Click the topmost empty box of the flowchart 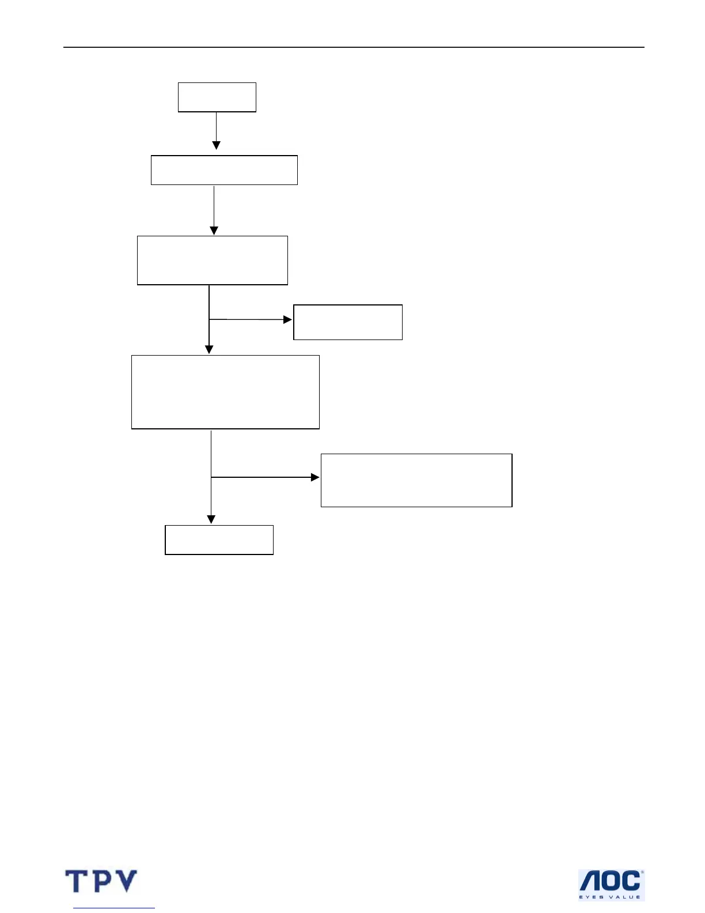217,97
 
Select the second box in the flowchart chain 224,170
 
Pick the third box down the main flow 213,260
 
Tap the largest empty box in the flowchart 225,392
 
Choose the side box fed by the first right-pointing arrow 348,322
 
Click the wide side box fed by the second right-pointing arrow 416,480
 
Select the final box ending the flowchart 219,540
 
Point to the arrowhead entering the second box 217,146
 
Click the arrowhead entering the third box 214,231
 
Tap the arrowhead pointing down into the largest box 209,350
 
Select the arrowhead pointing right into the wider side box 315,477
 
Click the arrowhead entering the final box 211,520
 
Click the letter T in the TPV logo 75,881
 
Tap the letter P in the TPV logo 101,881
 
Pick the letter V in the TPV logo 126,881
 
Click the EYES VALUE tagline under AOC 609,897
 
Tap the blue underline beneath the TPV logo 114,908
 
